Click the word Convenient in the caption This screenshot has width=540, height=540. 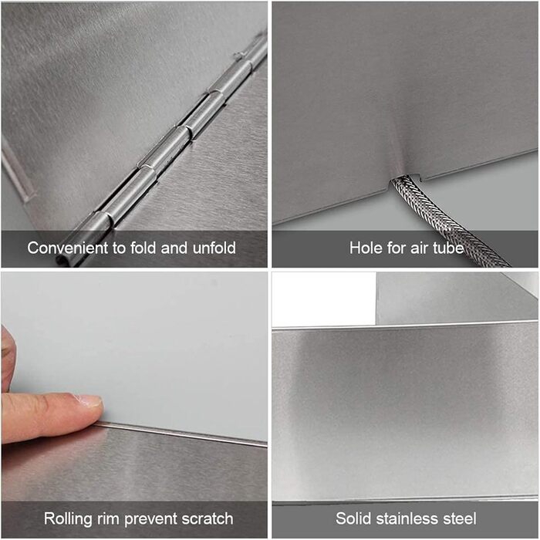pos(68,248)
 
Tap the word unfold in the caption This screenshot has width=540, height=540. pos(214,248)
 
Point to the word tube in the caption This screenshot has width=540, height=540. pos(448,248)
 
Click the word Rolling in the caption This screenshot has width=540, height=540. pos(68,518)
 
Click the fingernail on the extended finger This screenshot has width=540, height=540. pos(89,401)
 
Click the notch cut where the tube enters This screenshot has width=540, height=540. pos(407,178)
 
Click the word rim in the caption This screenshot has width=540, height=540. pos(108,518)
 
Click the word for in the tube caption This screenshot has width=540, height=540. pos(395,248)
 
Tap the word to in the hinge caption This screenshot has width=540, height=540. pos(119,248)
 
